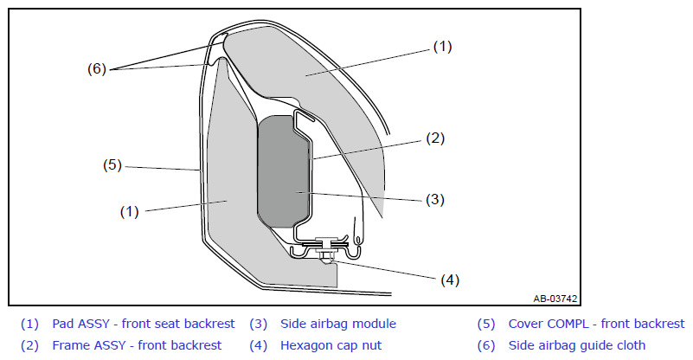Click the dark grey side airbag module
tap(283, 171)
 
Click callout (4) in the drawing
tap(450, 280)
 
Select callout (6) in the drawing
tap(97, 68)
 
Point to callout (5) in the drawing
tap(112, 165)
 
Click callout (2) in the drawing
tap(435, 138)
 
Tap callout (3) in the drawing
tap(435, 199)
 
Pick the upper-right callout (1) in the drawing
tap(442, 47)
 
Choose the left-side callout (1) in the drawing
tap(130, 212)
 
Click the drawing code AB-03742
tap(555, 299)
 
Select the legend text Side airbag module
tap(338, 324)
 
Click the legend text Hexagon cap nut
tap(331, 345)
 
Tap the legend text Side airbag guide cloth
tap(577, 345)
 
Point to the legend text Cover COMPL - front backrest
tap(596, 324)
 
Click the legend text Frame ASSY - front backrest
tap(137, 345)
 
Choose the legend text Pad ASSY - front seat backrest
tap(144, 324)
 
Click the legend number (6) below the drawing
tap(486, 345)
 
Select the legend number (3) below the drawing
tap(258, 324)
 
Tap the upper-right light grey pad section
tap(318, 75)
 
